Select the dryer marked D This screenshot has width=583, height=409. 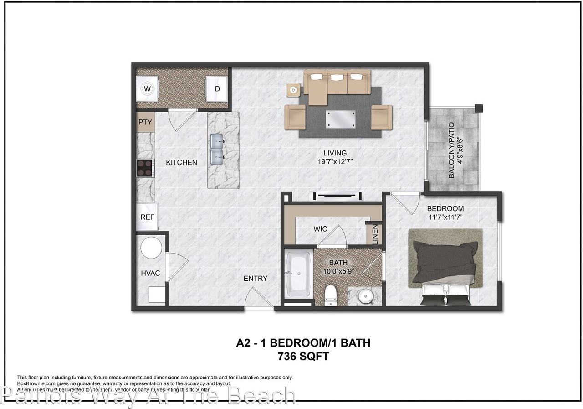click(x=217, y=88)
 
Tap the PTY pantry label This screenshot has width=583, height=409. click(x=145, y=122)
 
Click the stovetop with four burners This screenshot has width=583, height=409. click(x=145, y=168)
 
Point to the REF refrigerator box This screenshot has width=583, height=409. click(x=147, y=217)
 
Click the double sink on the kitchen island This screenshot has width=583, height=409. click(x=218, y=149)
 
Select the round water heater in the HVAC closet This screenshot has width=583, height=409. click(x=151, y=248)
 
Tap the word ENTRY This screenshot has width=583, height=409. click(x=255, y=278)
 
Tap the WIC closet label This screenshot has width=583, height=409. click(x=320, y=229)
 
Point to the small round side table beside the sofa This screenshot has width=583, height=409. click(x=294, y=90)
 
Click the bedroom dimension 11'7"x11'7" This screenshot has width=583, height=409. click(x=445, y=217)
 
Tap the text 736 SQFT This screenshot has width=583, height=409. click(x=303, y=357)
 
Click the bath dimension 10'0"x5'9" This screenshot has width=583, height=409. click(x=338, y=271)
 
